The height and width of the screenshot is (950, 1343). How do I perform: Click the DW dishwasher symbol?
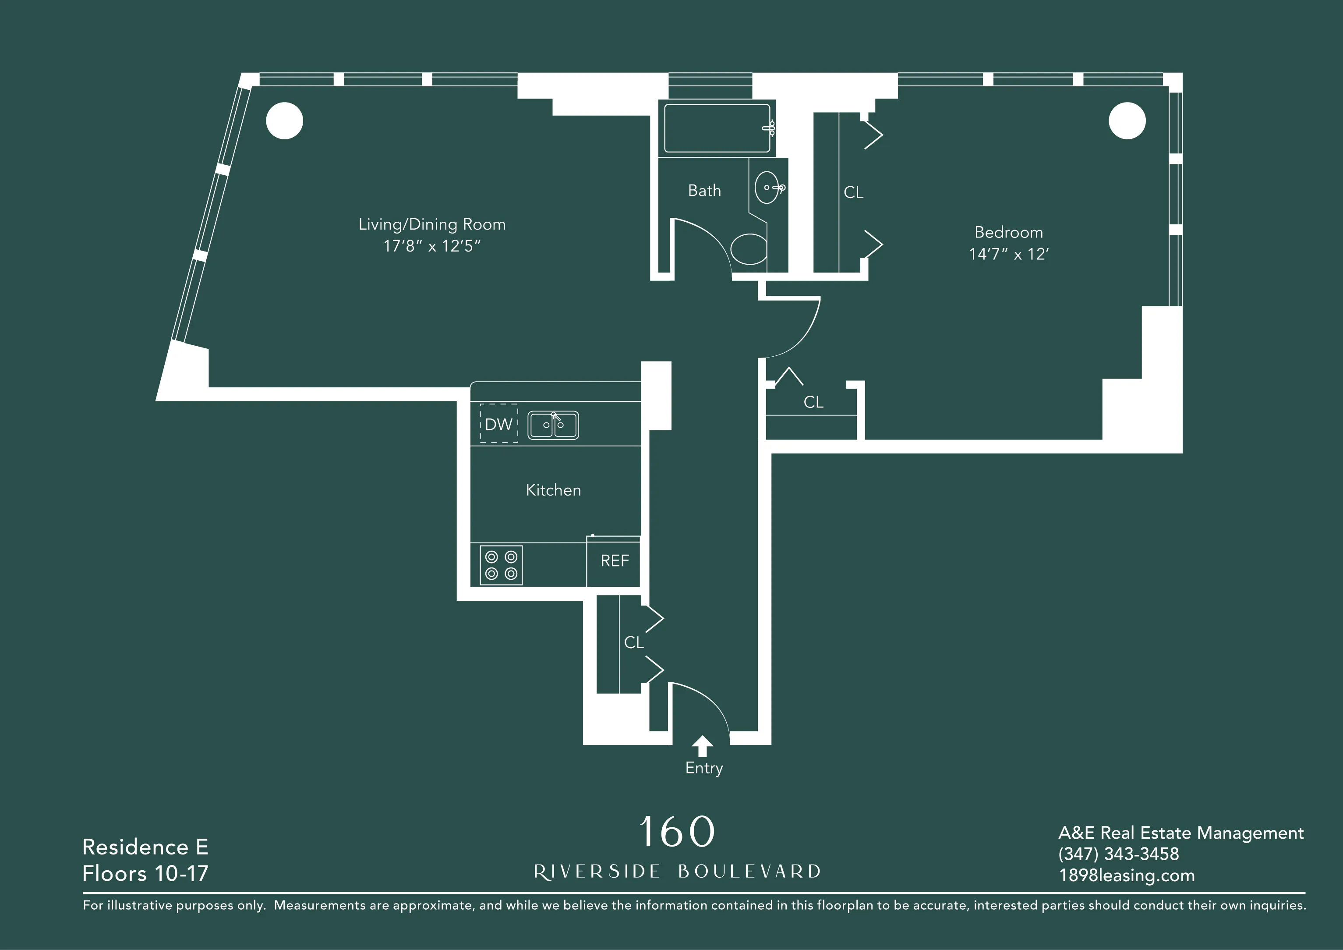498,424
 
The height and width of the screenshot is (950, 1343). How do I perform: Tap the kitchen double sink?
553,425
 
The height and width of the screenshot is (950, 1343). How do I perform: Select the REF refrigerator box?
614,561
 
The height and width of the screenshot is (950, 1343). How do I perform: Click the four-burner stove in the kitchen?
501,565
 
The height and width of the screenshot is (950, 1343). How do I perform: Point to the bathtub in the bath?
717,128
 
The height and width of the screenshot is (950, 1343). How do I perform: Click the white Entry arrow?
703,746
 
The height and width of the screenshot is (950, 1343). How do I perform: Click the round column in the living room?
284,121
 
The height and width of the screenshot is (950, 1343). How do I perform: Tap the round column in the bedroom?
1127,121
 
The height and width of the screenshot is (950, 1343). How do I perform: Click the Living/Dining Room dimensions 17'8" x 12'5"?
432,246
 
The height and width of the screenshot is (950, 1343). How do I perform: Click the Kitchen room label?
553,490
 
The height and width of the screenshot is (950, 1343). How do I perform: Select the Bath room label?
704,191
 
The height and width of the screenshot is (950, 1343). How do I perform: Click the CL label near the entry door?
633,642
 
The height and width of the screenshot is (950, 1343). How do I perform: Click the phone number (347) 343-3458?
1118,854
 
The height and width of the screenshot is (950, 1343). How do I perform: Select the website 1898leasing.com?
1127,876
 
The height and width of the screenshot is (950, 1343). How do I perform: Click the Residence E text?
145,847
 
